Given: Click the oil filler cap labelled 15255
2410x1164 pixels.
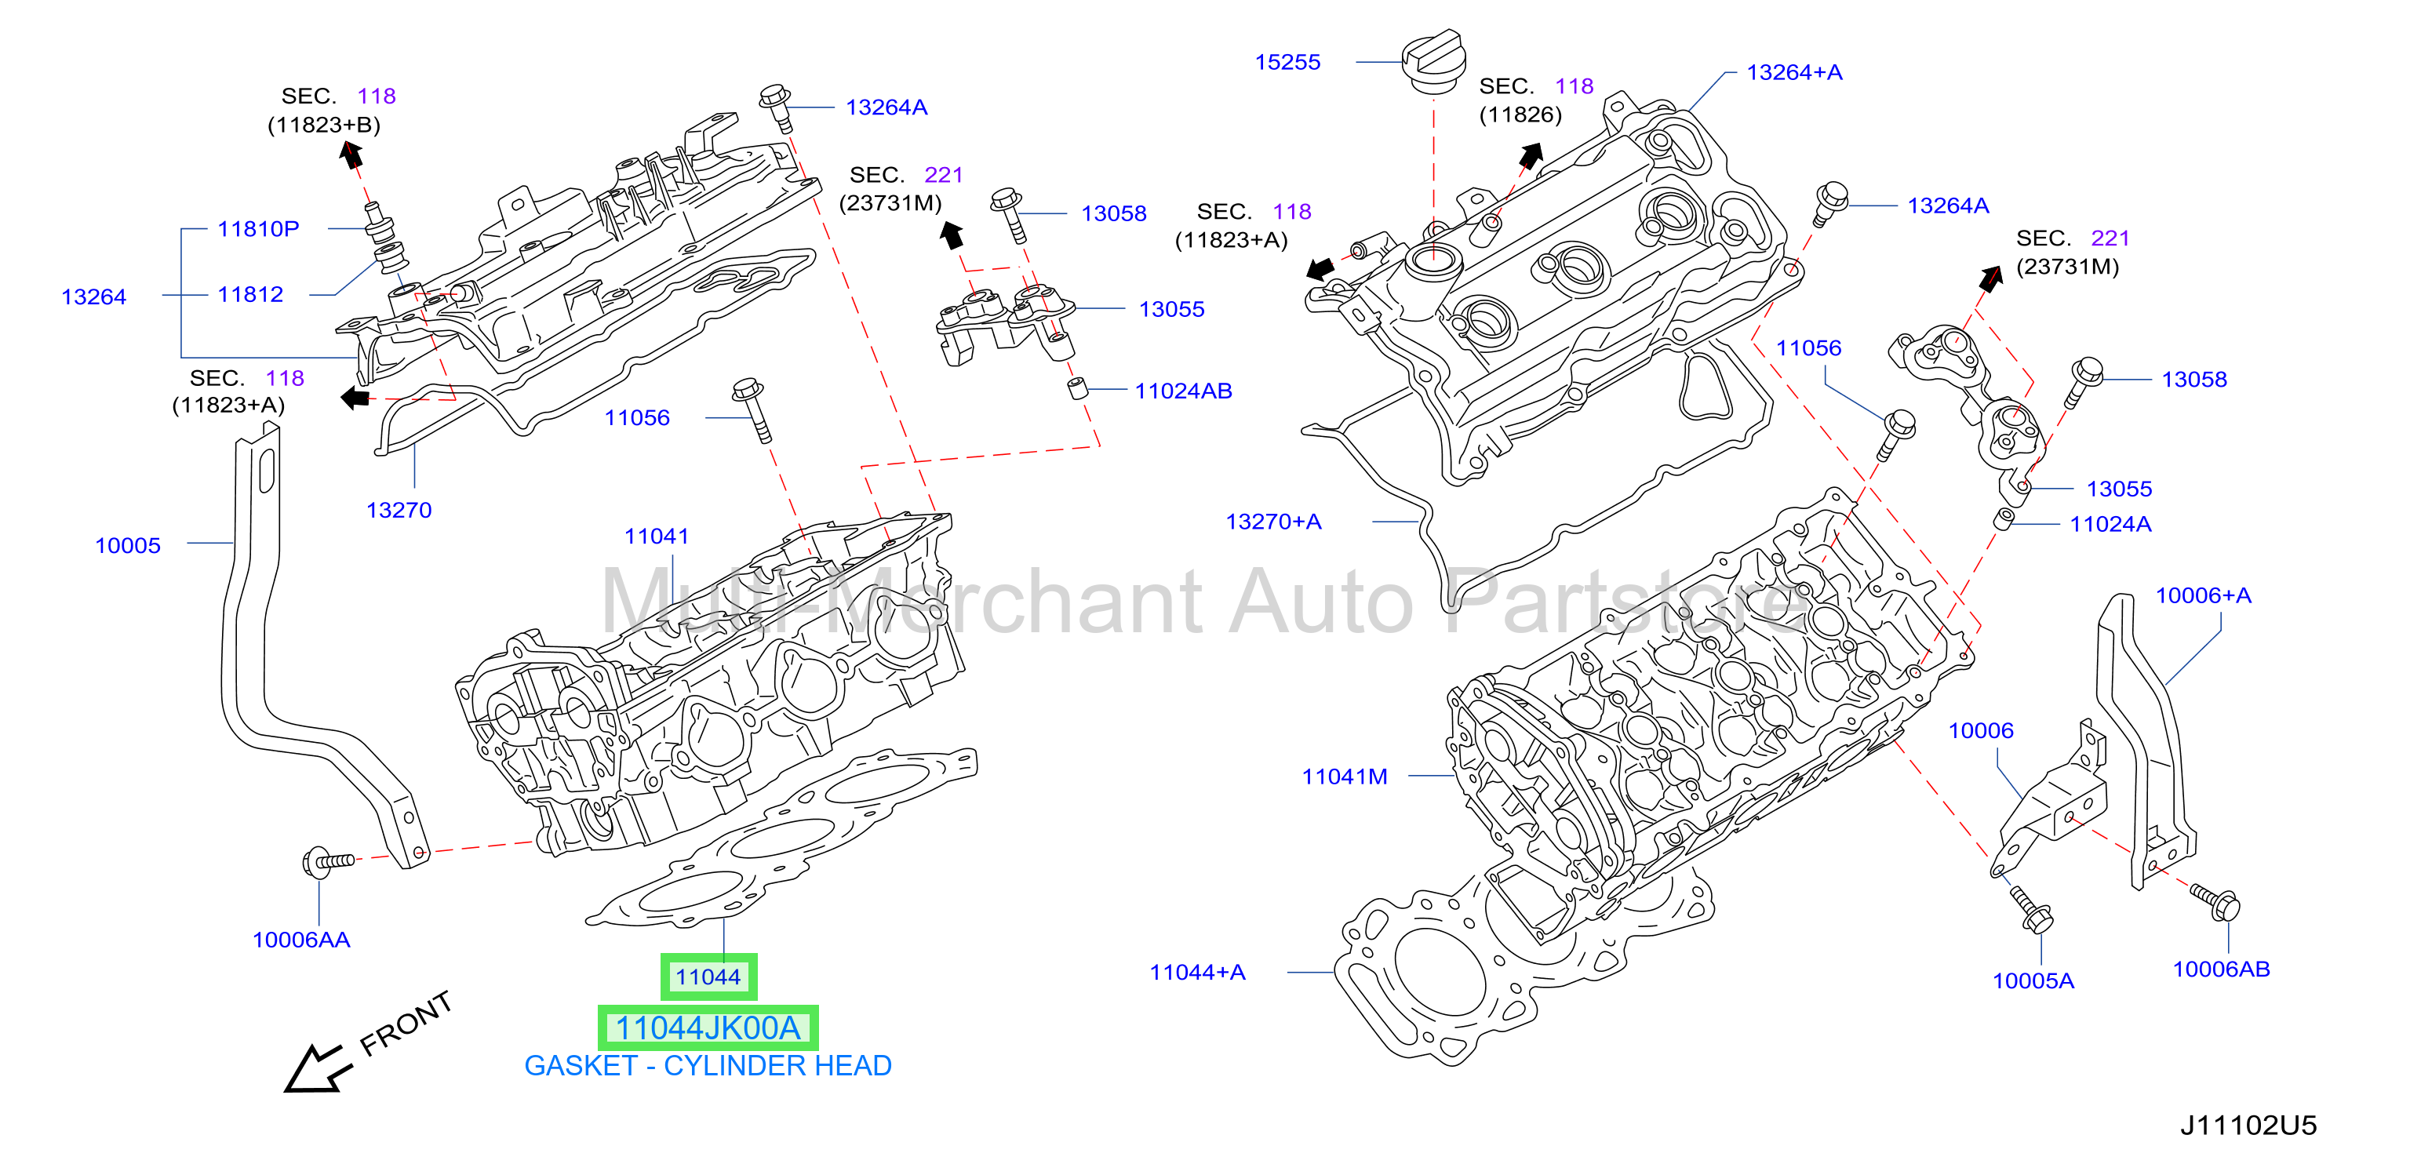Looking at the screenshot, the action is pyautogui.click(x=1432, y=62).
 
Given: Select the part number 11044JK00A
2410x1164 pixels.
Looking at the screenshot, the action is pyautogui.click(x=708, y=1028).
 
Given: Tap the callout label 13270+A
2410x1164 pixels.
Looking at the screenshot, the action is pyautogui.click(x=1273, y=522).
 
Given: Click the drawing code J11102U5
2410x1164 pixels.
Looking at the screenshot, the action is pyautogui.click(x=2248, y=1126).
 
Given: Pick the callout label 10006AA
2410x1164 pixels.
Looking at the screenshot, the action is pyautogui.click(x=301, y=940).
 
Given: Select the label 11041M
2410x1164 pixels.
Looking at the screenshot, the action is pyautogui.click(x=1345, y=777).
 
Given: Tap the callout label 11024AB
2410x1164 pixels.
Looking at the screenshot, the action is pyautogui.click(x=1184, y=391).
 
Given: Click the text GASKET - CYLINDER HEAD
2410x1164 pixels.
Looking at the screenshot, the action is pyautogui.click(x=708, y=1066).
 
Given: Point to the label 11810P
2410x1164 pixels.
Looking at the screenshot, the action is pyautogui.click(x=258, y=229).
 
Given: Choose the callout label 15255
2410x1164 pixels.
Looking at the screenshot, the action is pyautogui.click(x=1287, y=63).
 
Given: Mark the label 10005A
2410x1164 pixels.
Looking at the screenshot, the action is pyautogui.click(x=2033, y=981).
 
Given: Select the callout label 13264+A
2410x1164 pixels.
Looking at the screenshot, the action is pyautogui.click(x=1794, y=73).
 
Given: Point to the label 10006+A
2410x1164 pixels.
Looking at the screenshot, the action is pyautogui.click(x=2203, y=596).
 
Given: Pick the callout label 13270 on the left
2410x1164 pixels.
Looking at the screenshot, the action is pyautogui.click(x=399, y=511).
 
